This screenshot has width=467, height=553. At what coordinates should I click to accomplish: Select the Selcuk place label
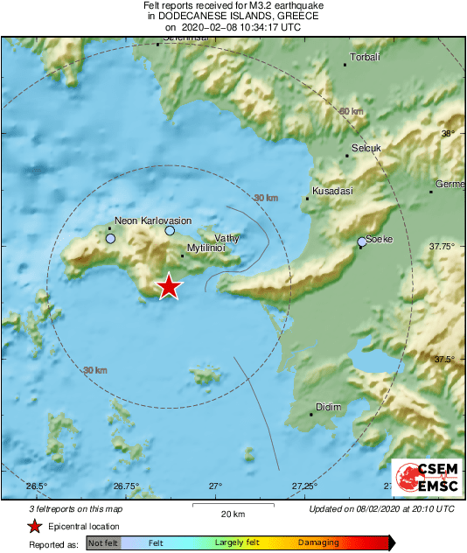pos(366,148)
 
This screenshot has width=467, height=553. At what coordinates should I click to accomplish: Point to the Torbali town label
pos(364,58)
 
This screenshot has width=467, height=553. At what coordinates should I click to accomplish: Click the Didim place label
pos(329,407)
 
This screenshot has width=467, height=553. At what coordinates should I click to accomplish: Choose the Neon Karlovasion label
pos(153,221)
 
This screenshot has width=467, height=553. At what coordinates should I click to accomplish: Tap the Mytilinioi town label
pos(206,248)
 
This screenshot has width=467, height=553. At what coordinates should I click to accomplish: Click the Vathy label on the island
pos(227,237)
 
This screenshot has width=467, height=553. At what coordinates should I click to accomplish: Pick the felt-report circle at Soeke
pos(362,241)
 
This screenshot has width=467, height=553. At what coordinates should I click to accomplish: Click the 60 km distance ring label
pos(351,111)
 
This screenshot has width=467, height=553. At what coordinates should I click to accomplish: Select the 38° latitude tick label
pos(448,134)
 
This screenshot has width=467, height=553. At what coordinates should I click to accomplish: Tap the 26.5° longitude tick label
pos(36,486)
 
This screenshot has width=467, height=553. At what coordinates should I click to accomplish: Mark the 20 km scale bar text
pos(233,513)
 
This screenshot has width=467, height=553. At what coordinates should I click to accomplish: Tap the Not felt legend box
pos(103,543)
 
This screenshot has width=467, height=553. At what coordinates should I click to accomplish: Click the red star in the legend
pos(34,526)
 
